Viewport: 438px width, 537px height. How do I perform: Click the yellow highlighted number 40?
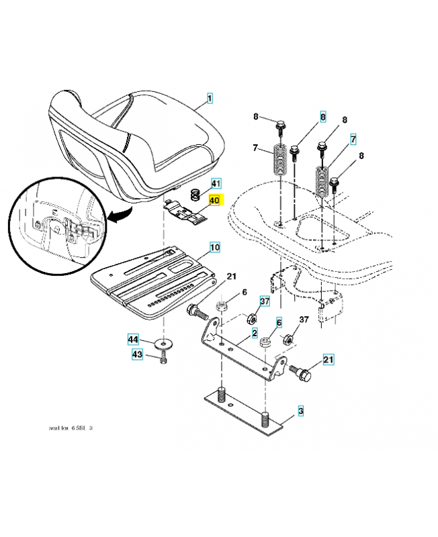[214, 200]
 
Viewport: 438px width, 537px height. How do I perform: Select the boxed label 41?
[215, 183]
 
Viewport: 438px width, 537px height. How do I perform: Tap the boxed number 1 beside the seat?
[210, 99]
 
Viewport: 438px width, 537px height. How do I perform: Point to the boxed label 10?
[214, 248]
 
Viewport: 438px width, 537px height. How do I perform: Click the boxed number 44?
[134, 340]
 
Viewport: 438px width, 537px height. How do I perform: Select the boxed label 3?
[302, 409]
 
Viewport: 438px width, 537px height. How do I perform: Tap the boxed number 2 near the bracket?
[255, 333]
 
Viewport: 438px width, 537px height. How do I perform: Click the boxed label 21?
[328, 360]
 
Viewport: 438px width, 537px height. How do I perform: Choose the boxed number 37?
[265, 301]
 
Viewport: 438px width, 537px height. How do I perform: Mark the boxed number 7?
[353, 140]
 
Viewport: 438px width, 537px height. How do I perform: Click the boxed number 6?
[279, 322]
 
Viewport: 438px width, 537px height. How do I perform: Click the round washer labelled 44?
[162, 344]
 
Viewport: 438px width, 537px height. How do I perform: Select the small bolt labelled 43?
[163, 360]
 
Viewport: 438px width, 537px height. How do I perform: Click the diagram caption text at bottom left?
[70, 428]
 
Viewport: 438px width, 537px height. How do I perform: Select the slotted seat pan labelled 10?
[151, 282]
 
